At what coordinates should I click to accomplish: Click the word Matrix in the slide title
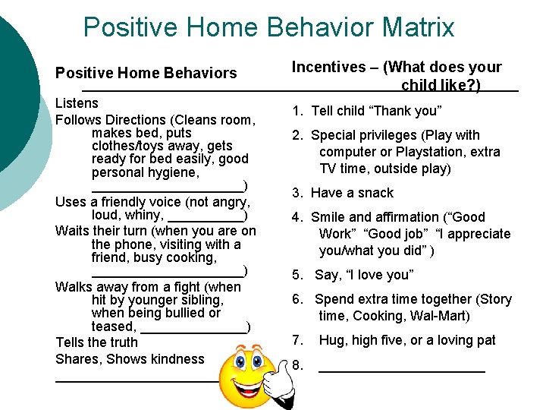(414, 28)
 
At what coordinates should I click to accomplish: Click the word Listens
(77, 103)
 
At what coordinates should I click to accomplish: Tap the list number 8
(297, 366)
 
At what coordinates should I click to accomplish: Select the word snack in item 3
(375, 193)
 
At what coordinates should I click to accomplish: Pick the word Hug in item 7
(331, 340)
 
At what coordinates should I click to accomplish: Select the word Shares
(78, 359)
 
